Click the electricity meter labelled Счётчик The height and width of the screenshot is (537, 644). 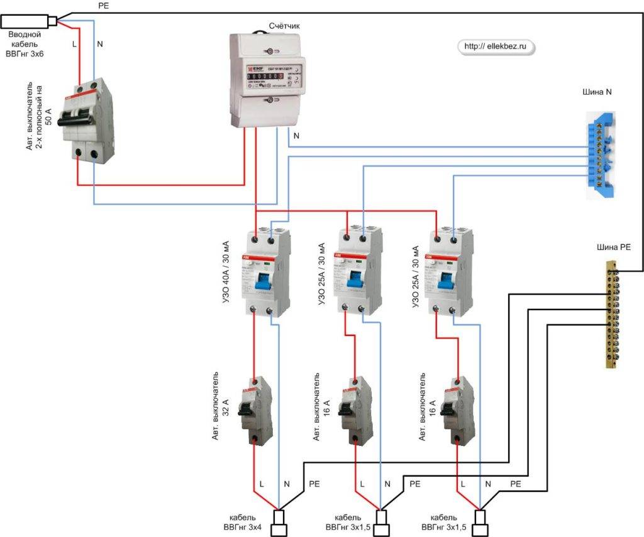(267, 79)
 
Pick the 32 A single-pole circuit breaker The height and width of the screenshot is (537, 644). (254, 411)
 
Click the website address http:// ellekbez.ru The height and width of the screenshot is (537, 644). (494, 46)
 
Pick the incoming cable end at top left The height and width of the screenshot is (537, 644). (28, 22)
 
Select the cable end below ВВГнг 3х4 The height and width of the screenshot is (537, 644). (279, 523)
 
